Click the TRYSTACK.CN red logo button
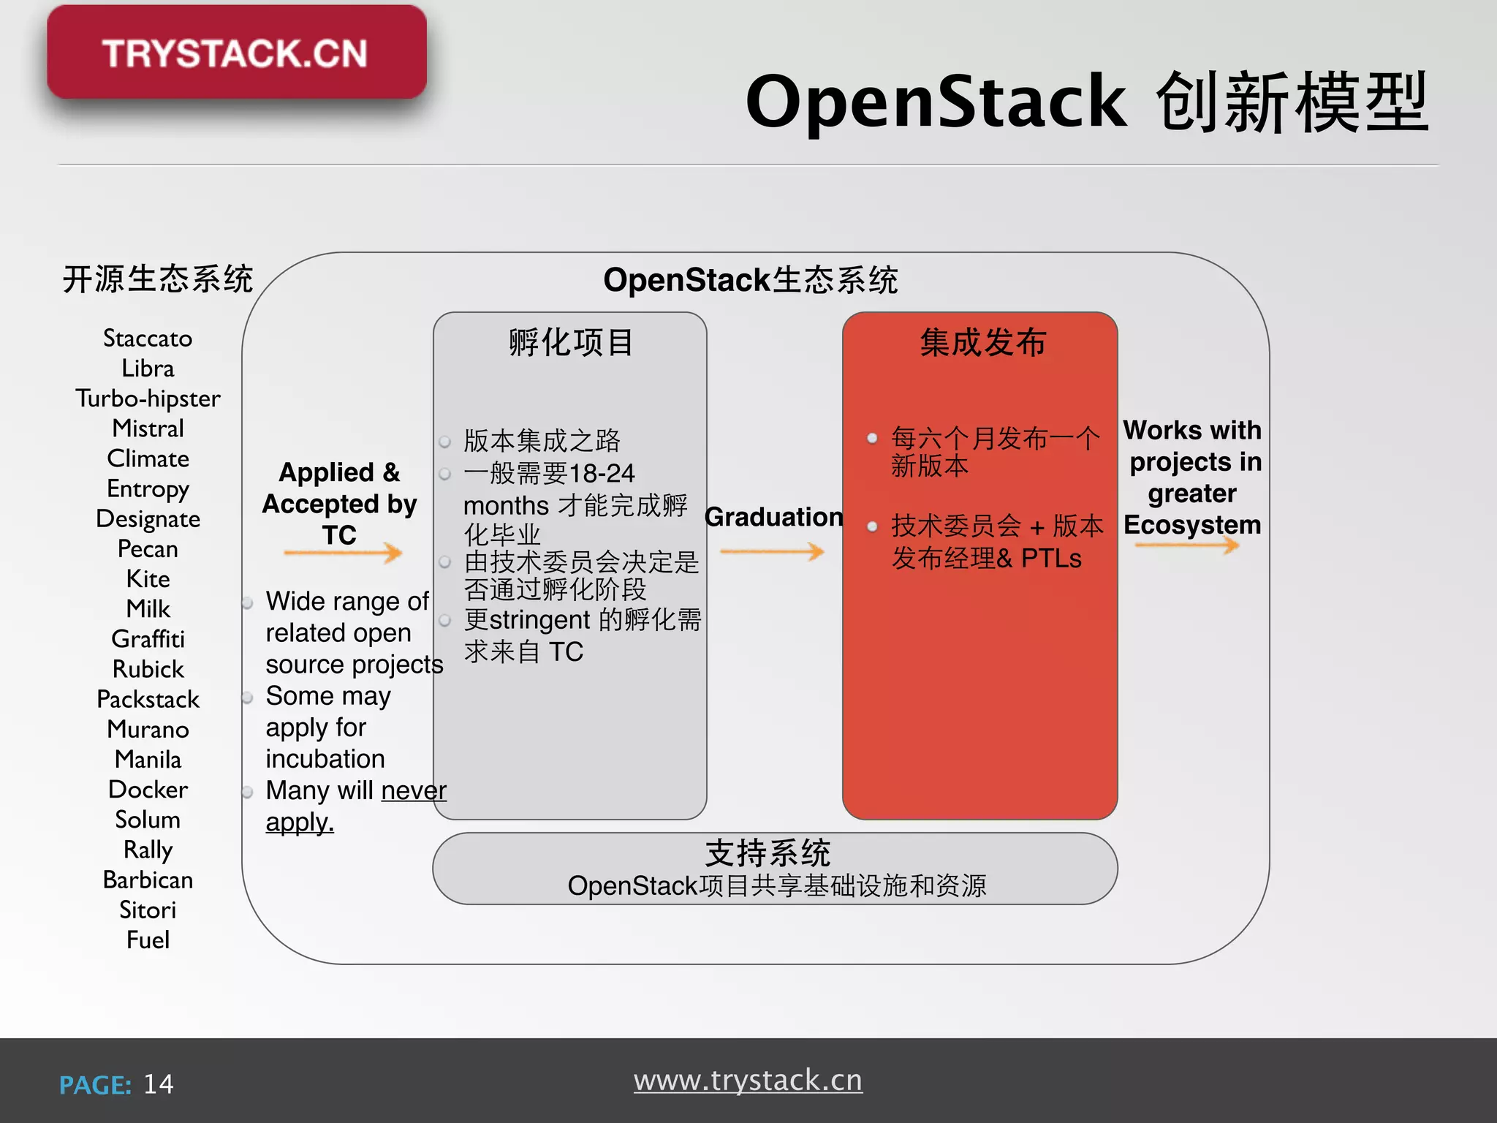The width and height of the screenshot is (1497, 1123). pyautogui.click(x=236, y=53)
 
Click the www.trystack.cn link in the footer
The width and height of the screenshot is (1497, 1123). pyautogui.click(x=748, y=1081)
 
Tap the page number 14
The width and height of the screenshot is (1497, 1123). pyautogui.click(x=159, y=1084)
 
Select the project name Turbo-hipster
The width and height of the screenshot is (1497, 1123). pyautogui.click(x=148, y=398)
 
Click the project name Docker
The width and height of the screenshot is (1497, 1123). pyautogui.click(x=148, y=790)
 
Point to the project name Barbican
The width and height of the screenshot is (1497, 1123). pyautogui.click(x=148, y=880)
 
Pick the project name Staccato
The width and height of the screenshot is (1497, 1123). pyautogui.click(x=148, y=338)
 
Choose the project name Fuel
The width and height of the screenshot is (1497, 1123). pyautogui.click(x=148, y=939)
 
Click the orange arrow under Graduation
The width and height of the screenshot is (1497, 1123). pyautogui.click(x=772, y=551)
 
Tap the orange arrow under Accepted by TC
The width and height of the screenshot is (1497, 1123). pyautogui.click(x=343, y=553)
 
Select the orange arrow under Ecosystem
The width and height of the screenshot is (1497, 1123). pyautogui.click(x=1187, y=545)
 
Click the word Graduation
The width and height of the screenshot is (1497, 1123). pyautogui.click(x=773, y=517)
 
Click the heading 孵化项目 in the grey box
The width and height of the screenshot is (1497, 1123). pyautogui.click(x=571, y=342)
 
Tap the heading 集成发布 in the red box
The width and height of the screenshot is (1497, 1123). pyautogui.click(x=983, y=342)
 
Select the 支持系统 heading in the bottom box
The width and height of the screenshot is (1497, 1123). pyautogui.click(x=768, y=852)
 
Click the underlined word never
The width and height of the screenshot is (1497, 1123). pyautogui.click(x=414, y=790)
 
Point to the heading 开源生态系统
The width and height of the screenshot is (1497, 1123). pyautogui.click(x=158, y=279)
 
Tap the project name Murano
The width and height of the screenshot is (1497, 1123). pyautogui.click(x=148, y=729)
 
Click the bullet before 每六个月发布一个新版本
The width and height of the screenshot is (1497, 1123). pyautogui.click(x=872, y=439)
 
